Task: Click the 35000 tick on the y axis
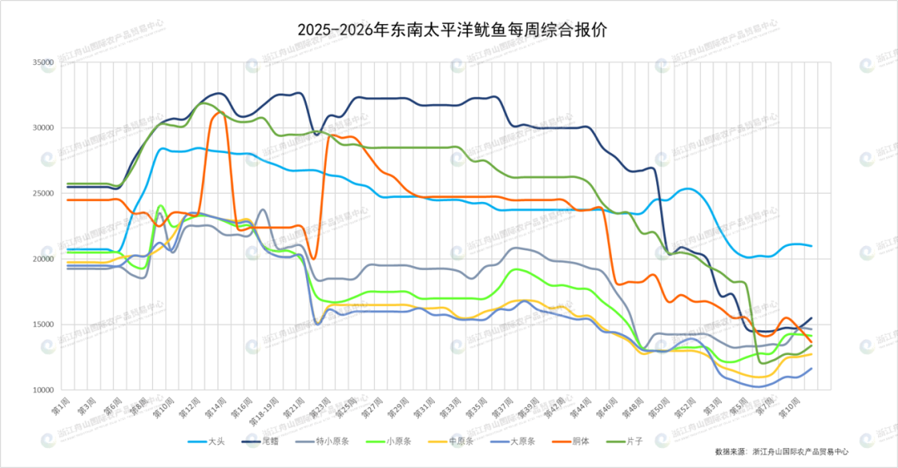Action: [42, 62]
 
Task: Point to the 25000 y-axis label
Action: [42, 194]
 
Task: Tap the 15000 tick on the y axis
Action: [42, 325]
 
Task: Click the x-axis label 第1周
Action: [60, 405]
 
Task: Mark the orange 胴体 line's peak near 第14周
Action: [218, 112]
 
